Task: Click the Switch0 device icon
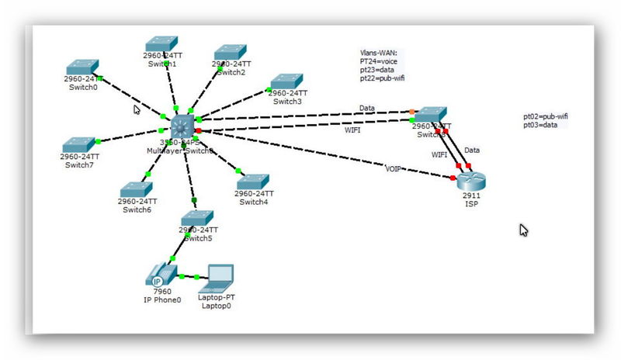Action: click(83, 67)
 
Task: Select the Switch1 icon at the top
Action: click(161, 43)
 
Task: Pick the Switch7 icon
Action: click(78, 144)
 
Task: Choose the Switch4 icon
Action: click(252, 182)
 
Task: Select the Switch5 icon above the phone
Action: click(198, 218)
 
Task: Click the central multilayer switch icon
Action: click(183, 126)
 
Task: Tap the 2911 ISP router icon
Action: click(471, 181)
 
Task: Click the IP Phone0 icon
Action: click(158, 276)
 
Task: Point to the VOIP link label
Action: click(394, 168)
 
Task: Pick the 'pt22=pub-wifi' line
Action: click(382, 78)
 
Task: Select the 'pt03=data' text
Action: click(540, 125)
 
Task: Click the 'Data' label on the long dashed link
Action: click(367, 107)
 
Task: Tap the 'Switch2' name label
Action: click(231, 72)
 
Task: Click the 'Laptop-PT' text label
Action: click(216, 297)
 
